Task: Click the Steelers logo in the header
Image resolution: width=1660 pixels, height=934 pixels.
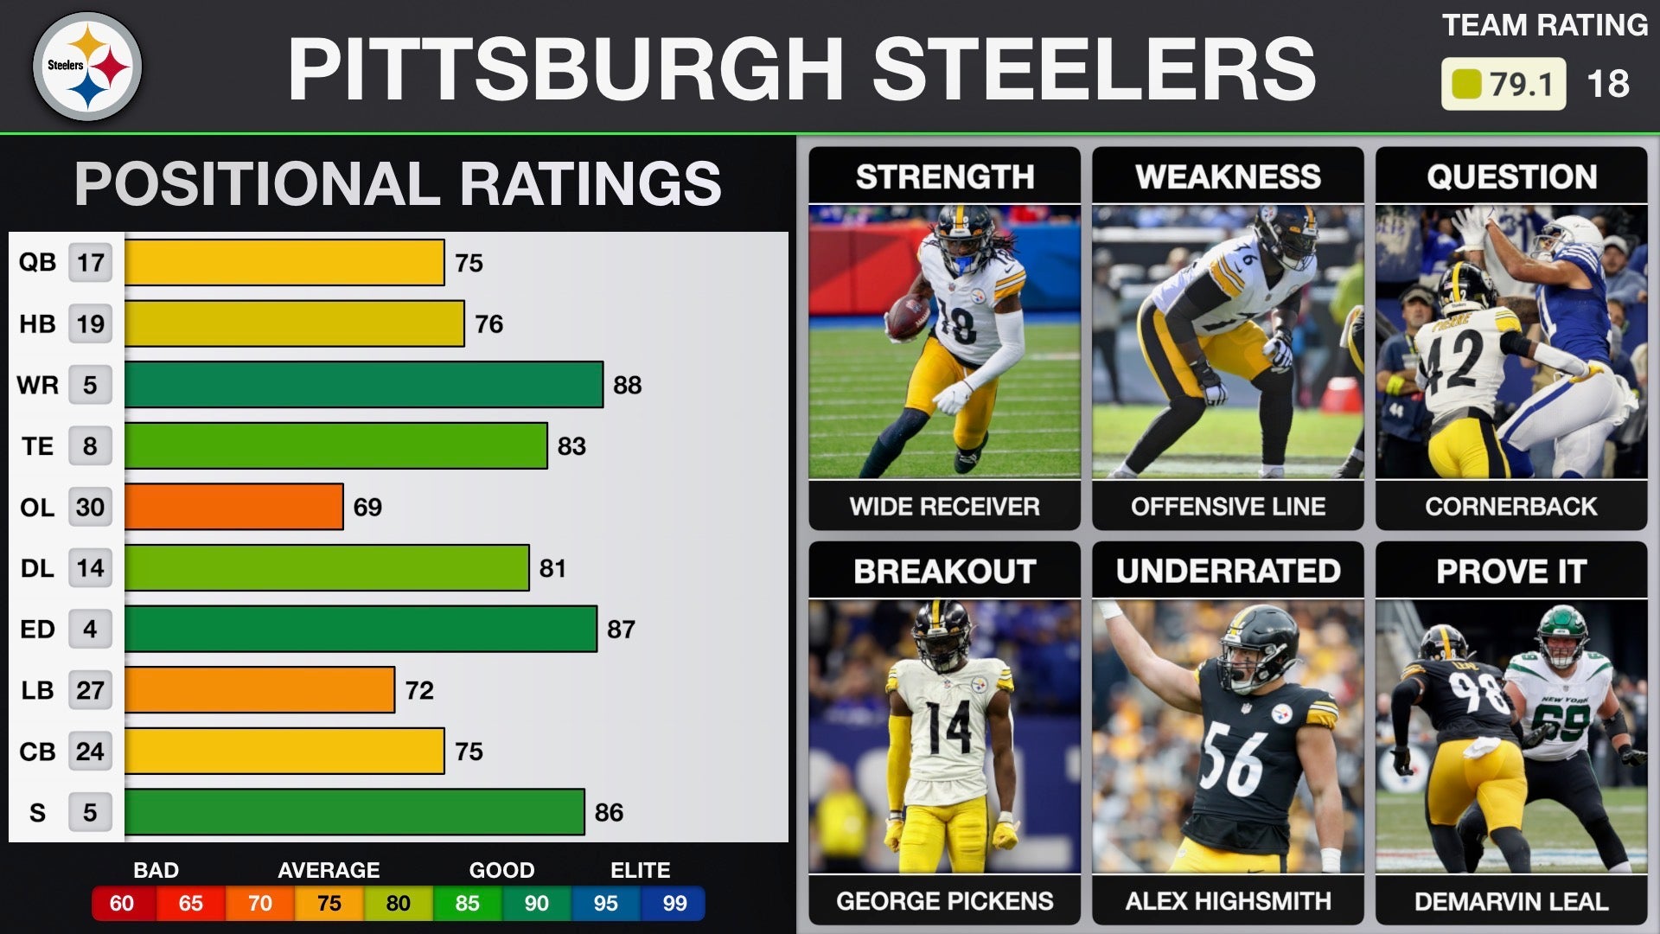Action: pos(87,67)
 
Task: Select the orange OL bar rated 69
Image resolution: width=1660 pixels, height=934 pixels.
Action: pos(233,507)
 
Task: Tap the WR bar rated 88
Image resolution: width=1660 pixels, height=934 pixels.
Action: pos(363,385)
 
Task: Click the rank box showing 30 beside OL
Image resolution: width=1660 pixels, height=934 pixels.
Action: pos(90,507)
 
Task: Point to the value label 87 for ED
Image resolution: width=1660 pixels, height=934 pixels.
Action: pos(621,630)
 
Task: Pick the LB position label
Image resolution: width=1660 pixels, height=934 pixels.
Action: pos(37,690)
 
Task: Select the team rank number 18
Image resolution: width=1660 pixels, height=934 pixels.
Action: pos(1608,84)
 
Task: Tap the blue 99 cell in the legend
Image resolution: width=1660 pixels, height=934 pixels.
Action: pos(674,904)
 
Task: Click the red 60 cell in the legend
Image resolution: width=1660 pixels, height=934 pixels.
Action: pos(122,904)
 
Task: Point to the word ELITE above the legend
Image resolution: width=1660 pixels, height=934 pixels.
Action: pos(640,870)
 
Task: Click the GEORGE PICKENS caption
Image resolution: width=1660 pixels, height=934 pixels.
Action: pos(944,901)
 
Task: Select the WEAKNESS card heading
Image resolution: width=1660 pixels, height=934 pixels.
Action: pos(1228,176)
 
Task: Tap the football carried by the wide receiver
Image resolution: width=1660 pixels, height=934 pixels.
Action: pos(907,317)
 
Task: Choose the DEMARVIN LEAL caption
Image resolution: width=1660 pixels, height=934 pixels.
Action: pos(1511,901)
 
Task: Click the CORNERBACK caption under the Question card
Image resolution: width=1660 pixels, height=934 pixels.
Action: pos(1511,506)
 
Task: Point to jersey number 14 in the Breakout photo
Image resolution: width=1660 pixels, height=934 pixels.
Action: pos(948,728)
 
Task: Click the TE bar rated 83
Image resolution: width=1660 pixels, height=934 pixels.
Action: pos(335,446)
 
